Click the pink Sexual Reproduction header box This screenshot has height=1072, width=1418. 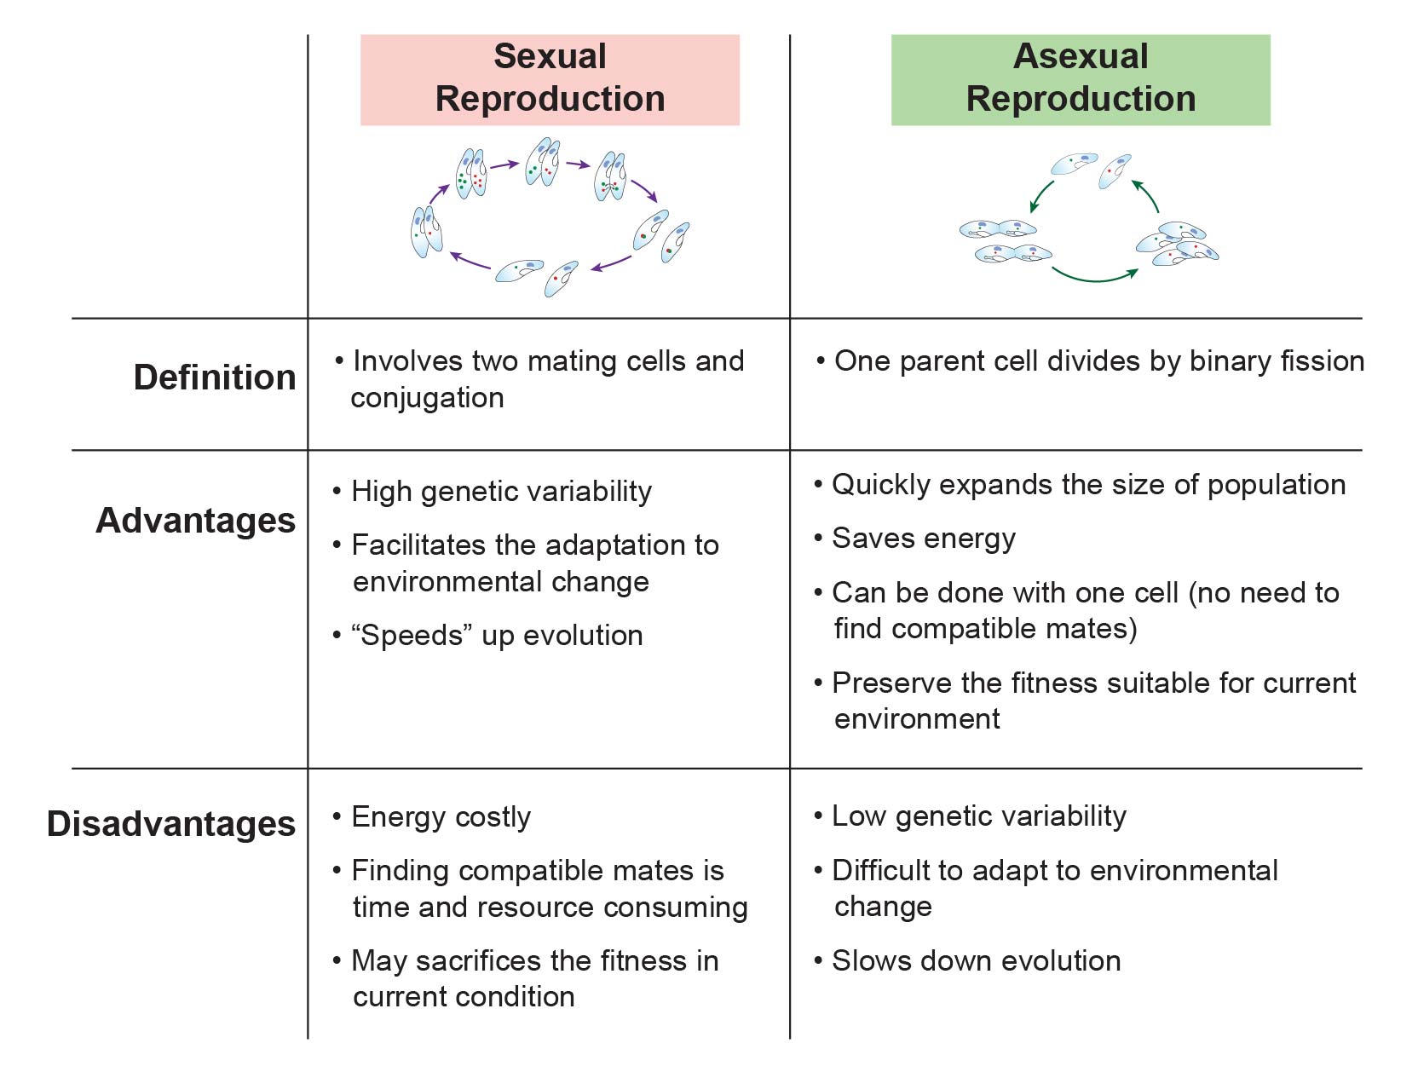tap(550, 79)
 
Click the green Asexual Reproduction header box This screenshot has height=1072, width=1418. tap(1080, 79)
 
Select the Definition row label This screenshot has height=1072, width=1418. tap(214, 378)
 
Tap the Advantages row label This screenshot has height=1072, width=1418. tap(195, 521)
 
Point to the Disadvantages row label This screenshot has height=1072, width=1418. tap(171, 824)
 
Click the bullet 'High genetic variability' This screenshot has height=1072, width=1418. tap(501, 492)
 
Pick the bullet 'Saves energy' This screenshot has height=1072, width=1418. tap(923, 539)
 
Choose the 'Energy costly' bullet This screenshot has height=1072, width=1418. tap(441, 817)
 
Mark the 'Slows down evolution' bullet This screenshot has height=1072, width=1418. tap(976, 961)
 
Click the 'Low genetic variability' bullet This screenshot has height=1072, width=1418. tap(978, 816)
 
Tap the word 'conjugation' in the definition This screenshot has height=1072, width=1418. tap(427, 398)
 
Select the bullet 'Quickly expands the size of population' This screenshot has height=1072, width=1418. tap(1088, 485)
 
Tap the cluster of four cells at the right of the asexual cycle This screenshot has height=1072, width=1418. tap(1178, 244)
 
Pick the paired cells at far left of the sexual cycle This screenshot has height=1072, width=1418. tap(426, 232)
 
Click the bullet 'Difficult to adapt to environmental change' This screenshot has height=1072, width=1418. tap(1054, 888)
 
